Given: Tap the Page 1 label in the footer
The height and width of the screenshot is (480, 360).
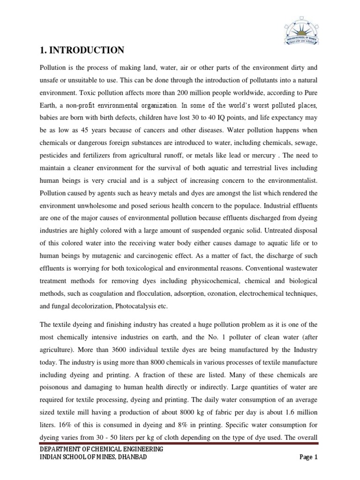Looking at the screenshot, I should pos(309,457).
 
